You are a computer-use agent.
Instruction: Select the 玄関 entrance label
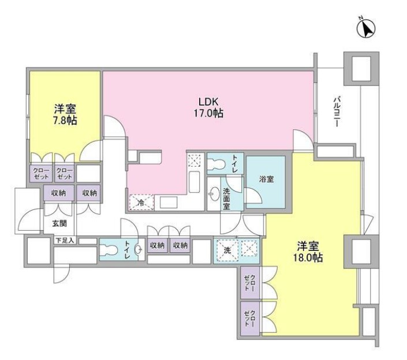pos(53,224)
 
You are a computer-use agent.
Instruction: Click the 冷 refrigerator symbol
pos(140,202)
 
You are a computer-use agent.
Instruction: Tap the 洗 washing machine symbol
pos(227,251)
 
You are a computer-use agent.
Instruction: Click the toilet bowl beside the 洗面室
pos(218,163)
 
